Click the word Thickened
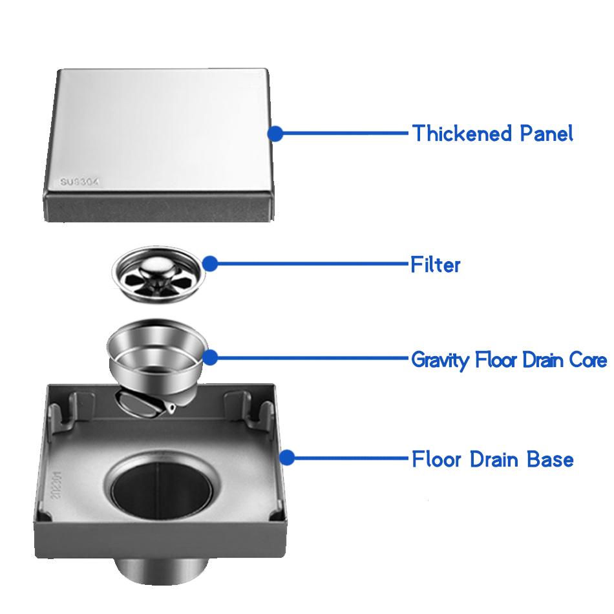[462, 133]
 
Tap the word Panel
[547, 133]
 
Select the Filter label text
[435, 264]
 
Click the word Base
[550, 459]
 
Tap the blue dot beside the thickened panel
[276, 134]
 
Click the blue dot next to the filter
[210, 264]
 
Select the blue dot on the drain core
[210, 357]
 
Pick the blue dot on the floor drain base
[288, 458]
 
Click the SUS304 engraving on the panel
[79, 182]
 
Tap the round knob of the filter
[154, 266]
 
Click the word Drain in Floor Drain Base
[494, 459]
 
